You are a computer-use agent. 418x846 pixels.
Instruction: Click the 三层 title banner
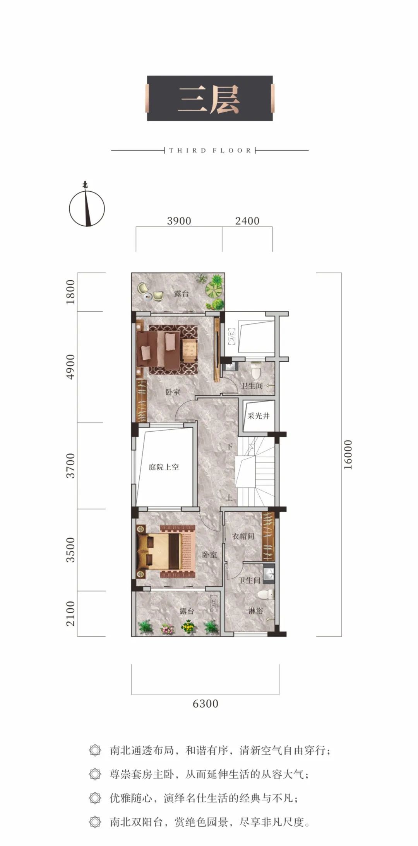point(210,98)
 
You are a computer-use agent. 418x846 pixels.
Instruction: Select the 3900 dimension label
point(179,221)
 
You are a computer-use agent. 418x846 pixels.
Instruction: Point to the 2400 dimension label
point(247,221)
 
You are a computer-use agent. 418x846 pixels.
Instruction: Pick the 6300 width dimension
point(206,704)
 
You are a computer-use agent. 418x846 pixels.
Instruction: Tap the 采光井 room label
point(259,416)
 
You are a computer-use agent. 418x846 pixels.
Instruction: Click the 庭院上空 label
point(164,467)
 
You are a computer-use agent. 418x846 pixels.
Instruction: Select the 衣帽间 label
point(243,536)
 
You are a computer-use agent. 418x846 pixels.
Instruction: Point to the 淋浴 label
point(255,611)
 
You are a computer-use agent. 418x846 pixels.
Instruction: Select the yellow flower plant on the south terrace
point(188,626)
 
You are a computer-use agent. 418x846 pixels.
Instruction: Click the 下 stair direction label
point(230,447)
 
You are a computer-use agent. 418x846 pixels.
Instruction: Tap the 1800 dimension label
point(70,292)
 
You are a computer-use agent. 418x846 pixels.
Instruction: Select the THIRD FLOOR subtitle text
point(210,150)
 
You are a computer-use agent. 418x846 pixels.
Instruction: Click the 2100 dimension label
point(70,613)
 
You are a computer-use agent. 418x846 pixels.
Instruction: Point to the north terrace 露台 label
point(181,294)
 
